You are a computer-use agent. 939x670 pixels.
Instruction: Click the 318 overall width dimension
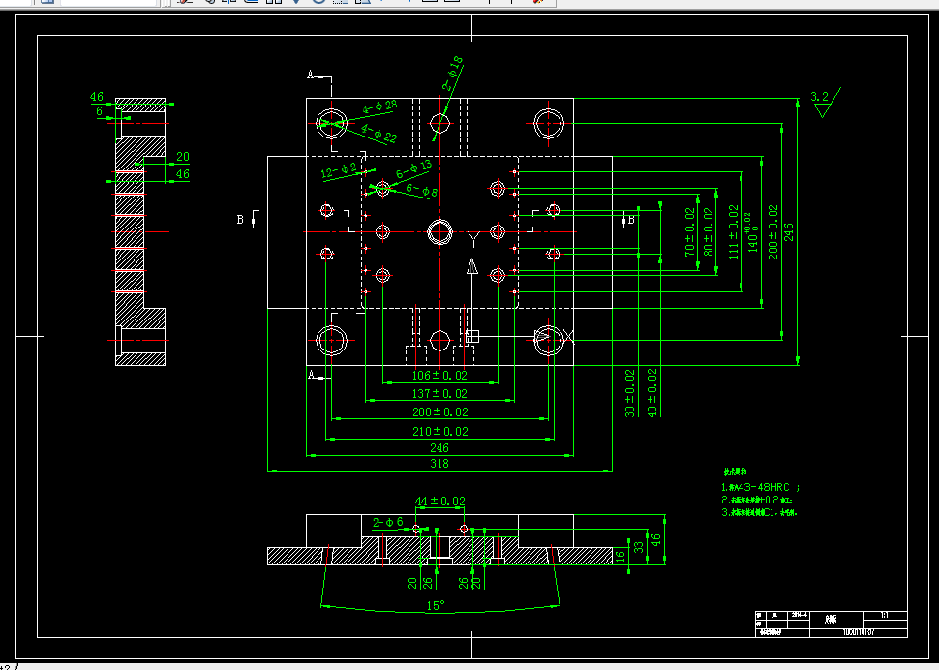[439, 464]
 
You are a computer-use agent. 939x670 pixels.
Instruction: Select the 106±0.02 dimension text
[439, 375]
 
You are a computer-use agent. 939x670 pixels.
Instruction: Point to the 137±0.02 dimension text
[439, 393]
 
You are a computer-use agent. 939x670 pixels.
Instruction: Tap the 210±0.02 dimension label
[439, 431]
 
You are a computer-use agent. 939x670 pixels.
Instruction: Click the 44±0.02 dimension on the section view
[439, 502]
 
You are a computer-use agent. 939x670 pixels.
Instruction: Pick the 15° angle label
[436, 605]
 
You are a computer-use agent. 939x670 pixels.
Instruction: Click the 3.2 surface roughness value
[820, 97]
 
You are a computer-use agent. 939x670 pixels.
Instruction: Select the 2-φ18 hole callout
[453, 73]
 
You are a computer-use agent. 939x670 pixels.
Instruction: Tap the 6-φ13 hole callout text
[413, 167]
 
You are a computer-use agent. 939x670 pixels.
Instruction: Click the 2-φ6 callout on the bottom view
[387, 522]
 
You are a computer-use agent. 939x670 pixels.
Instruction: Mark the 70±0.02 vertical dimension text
[690, 231]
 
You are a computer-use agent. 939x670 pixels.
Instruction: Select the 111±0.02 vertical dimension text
[733, 231]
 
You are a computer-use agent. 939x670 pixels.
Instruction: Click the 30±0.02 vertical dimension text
[630, 392]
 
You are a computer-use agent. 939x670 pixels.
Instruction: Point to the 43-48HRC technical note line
[761, 486]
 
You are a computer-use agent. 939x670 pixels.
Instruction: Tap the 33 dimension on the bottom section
[638, 548]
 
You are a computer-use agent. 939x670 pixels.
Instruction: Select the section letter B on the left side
[240, 220]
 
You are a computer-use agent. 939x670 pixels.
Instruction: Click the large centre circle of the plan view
[440, 232]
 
